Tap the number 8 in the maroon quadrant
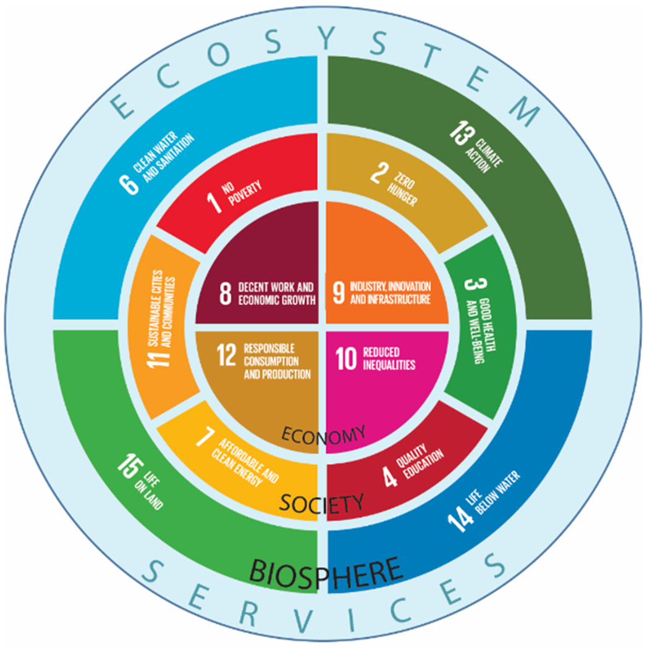[226, 294]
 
